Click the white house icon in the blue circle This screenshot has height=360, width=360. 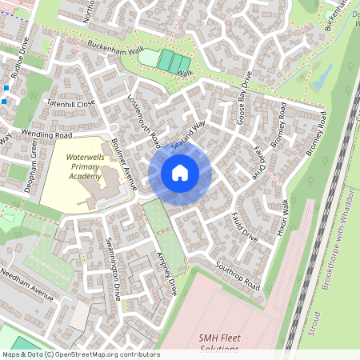(180, 172)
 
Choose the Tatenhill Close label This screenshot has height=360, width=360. (71, 103)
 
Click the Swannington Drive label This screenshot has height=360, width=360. (113, 263)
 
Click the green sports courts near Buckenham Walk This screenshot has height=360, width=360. (174, 61)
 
